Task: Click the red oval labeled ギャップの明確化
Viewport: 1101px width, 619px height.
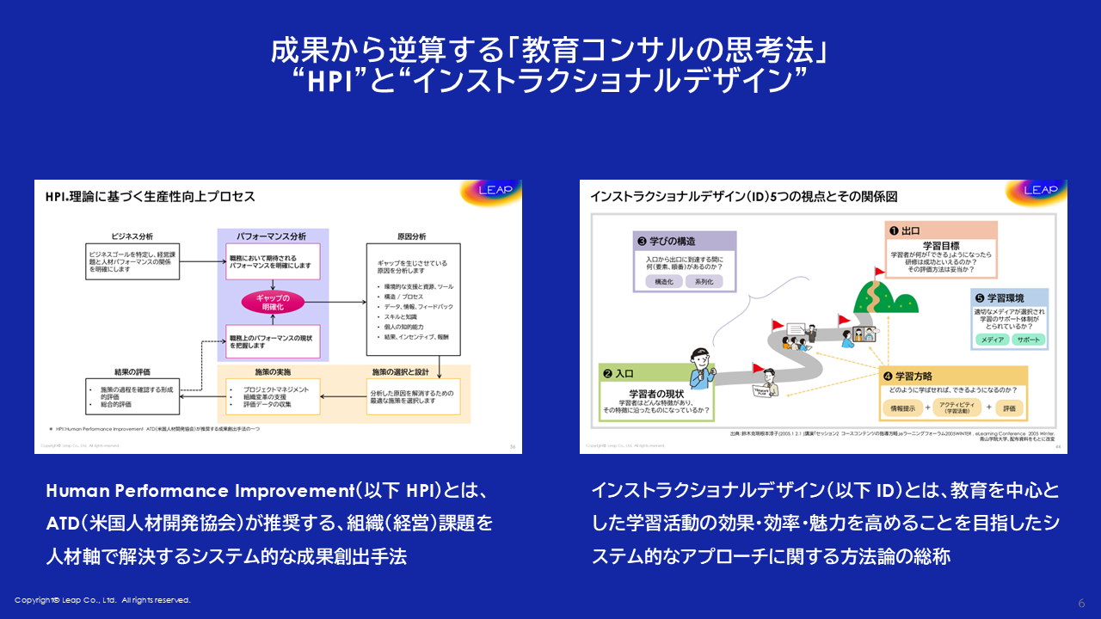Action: coord(272,302)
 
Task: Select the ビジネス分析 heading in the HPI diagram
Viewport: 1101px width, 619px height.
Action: coord(132,236)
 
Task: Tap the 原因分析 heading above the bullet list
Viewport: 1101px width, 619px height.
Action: coord(408,236)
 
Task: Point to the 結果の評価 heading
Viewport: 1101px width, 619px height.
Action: coord(131,371)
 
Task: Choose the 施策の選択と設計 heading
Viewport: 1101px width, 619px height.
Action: coord(404,371)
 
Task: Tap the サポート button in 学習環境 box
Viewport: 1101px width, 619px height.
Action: coord(1028,340)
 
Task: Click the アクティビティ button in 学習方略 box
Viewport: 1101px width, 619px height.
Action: coord(955,408)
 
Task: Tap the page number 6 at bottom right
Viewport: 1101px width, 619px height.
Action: coord(1081,602)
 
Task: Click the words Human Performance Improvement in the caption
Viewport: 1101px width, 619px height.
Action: coord(195,490)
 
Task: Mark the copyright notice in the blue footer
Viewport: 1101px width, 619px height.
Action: coord(102,600)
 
